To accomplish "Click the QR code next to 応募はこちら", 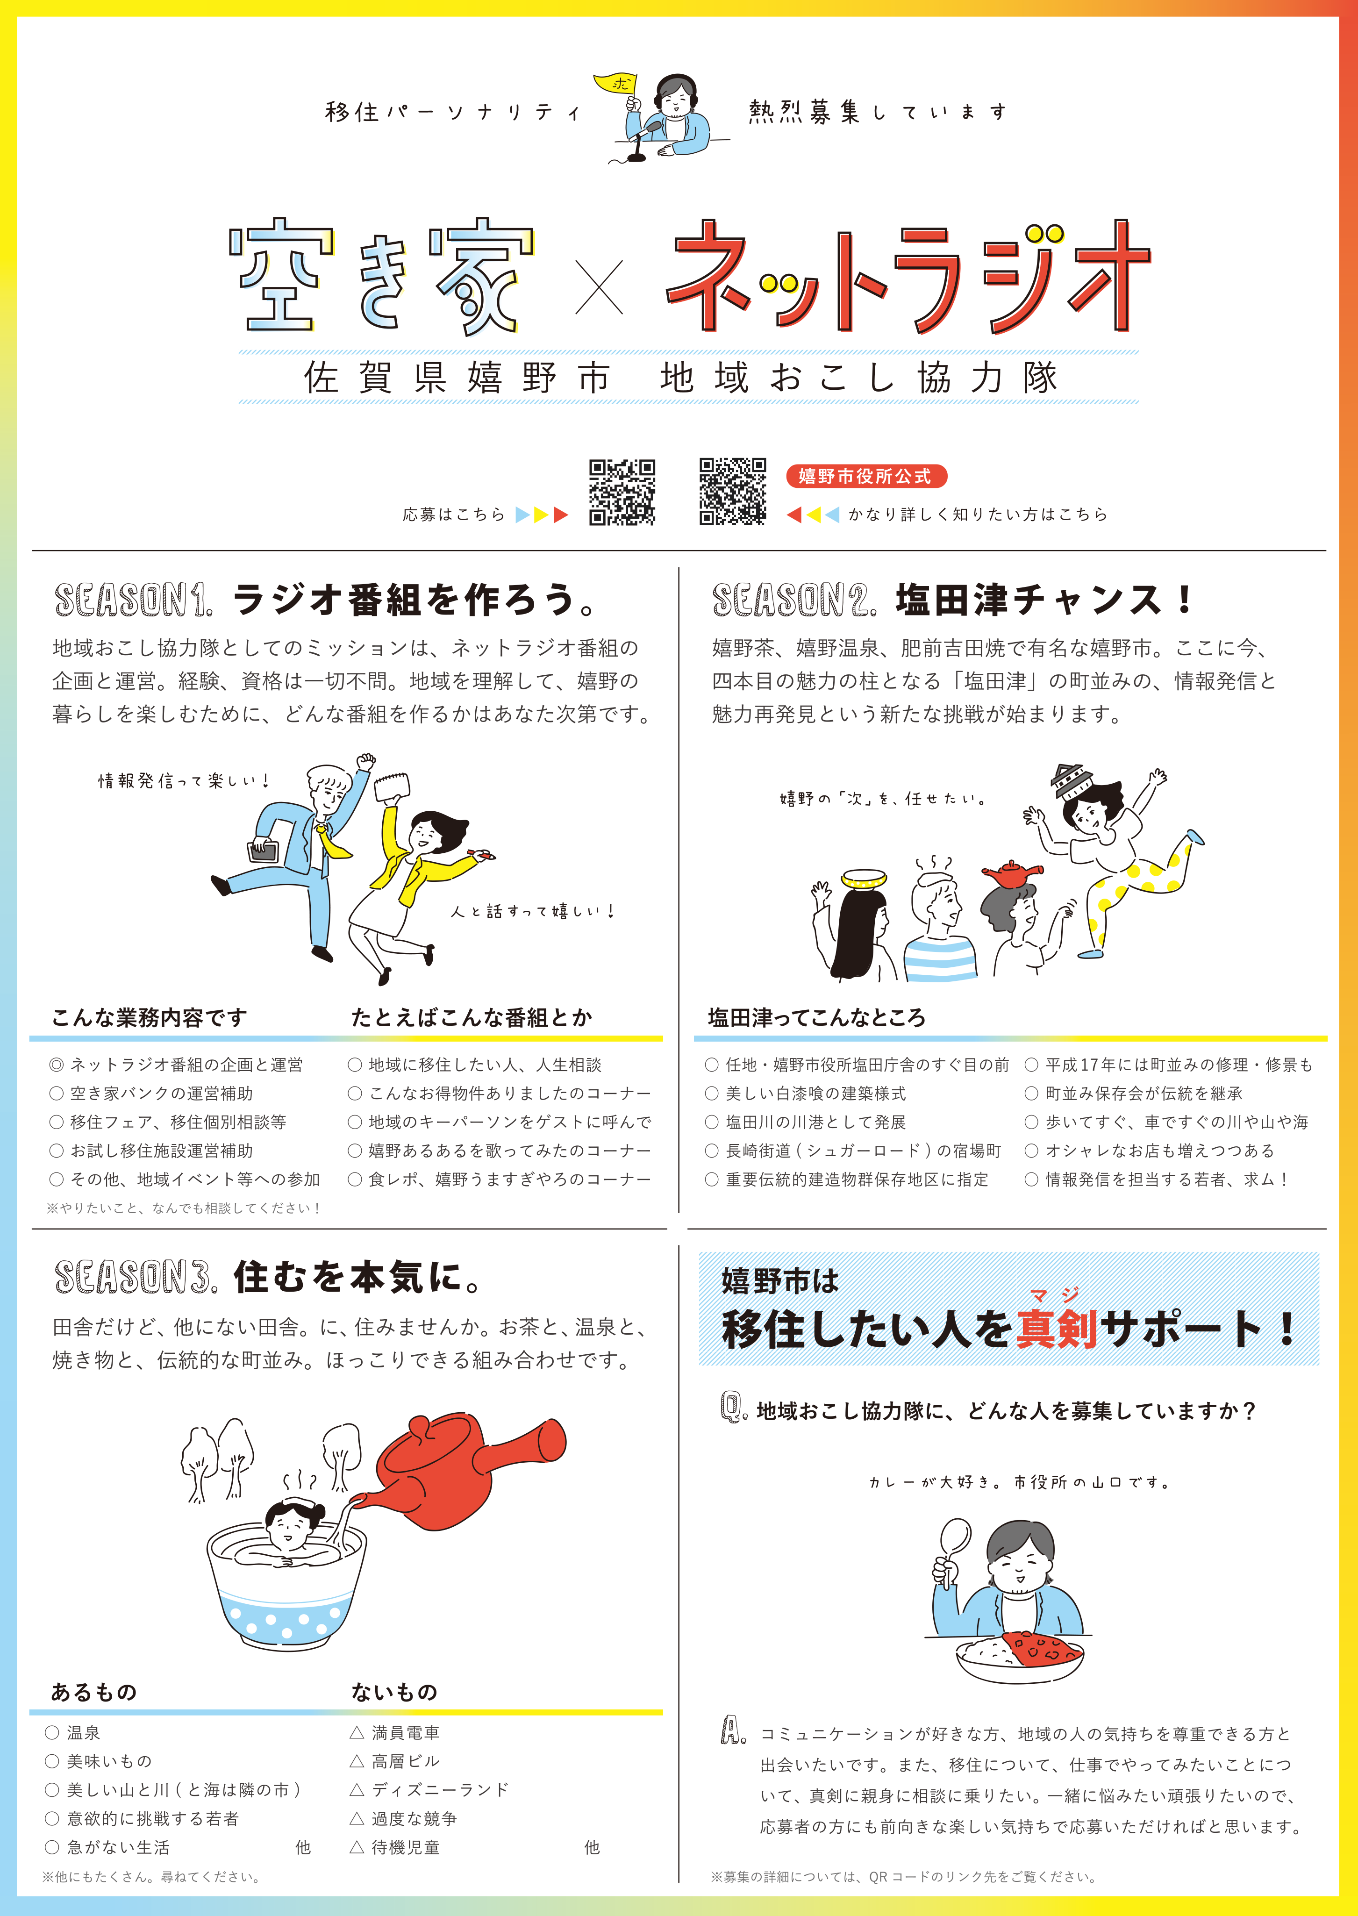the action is click(x=622, y=492).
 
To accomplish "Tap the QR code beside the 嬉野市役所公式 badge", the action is click(x=733, y=492).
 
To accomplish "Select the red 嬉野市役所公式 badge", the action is click(x=865, y=476).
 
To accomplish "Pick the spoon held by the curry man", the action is click(x=953, y=1551).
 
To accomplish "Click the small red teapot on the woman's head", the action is click(x=1012, y=874).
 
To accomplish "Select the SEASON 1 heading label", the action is click(x=133, y=601).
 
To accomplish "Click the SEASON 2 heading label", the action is click(x=794, y=601).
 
